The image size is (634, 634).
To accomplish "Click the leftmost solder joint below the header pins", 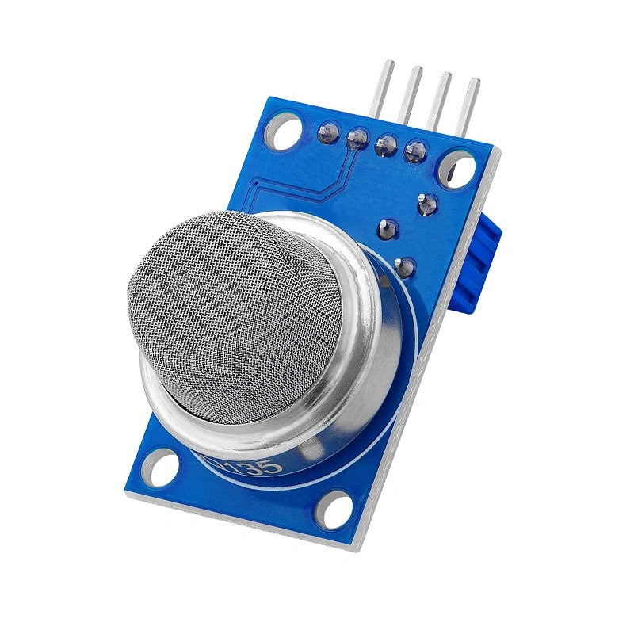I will (x=327, y=132).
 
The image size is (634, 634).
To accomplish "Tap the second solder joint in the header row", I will (x=357, y=139).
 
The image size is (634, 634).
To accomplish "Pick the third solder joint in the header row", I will (x=386, y=145).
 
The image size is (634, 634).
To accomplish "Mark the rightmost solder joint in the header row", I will (x=414, y=151).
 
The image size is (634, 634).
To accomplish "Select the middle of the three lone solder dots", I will (x=388, y=229).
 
